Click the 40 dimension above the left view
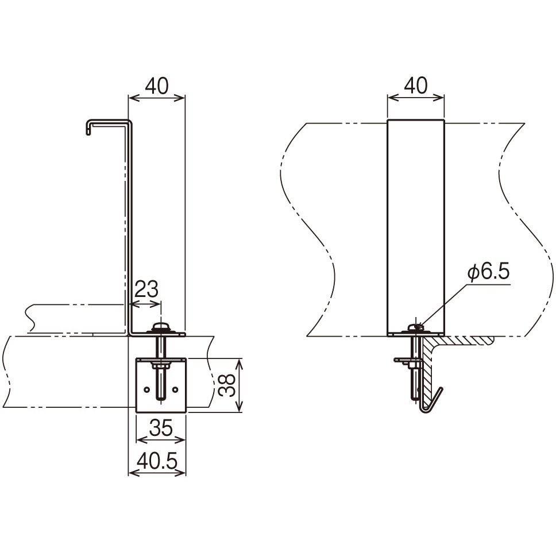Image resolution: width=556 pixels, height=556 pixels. (157, 86)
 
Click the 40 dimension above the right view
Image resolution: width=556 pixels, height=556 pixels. (416, 86)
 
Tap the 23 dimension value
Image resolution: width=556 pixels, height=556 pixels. (146, 289)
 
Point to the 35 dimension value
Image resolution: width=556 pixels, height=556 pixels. (161, 428)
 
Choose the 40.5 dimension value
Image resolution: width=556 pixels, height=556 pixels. (157, 461)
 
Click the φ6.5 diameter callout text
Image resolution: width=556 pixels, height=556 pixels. (488, 272)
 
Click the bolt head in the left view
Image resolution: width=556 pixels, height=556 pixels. (161, 326)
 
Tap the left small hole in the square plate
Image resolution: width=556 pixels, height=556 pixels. (146, 389)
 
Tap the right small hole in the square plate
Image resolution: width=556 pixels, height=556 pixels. (175, 389)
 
